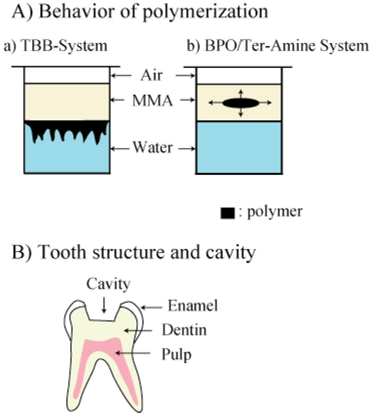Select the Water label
click(152, 147)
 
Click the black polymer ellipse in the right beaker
click(241, 103)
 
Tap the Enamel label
click(193, 307)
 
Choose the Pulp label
click(177, 353)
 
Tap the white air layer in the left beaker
click(66, 75)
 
